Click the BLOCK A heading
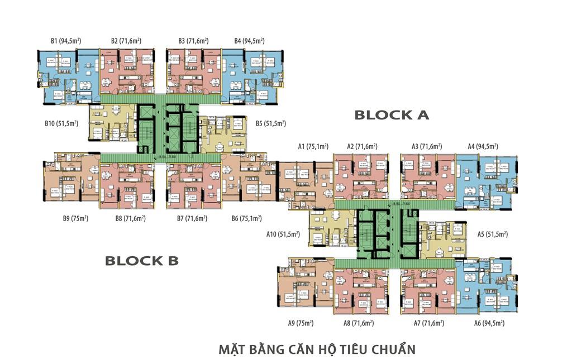392,115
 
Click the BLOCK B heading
141,261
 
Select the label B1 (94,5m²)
66,41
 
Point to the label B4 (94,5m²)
249,41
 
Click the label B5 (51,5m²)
270,123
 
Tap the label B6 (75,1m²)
246,219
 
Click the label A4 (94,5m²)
483,147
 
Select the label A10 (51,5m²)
283,235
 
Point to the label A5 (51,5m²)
492,235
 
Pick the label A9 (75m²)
301,323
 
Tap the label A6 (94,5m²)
489,323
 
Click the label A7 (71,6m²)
428,323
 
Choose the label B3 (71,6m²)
193,41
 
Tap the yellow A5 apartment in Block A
444,239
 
